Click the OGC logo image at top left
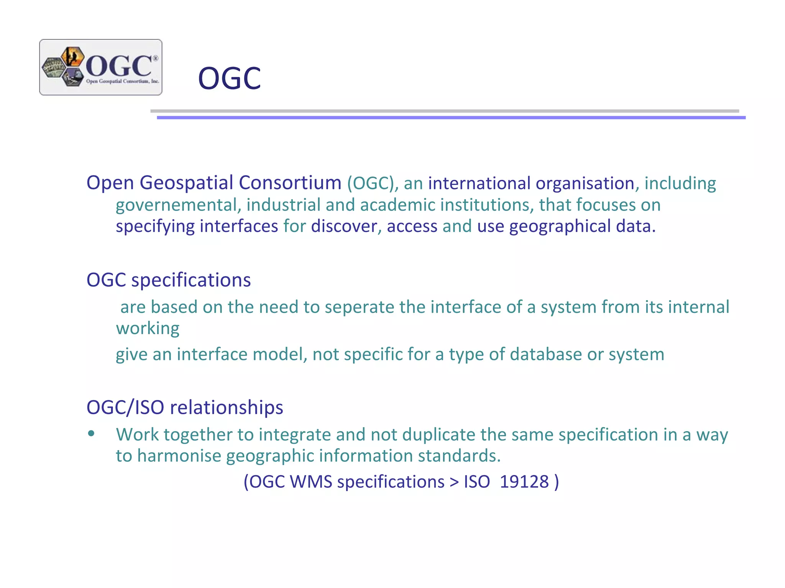coord(101,67)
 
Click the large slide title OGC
coord(229,78)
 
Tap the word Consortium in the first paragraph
coord(290,183)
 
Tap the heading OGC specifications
coord(169,280)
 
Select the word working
coord(148,329)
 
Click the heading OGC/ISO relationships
coord(185,407)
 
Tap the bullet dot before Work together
coord(91,434)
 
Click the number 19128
coord(524,482)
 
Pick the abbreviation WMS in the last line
coord(311,482)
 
